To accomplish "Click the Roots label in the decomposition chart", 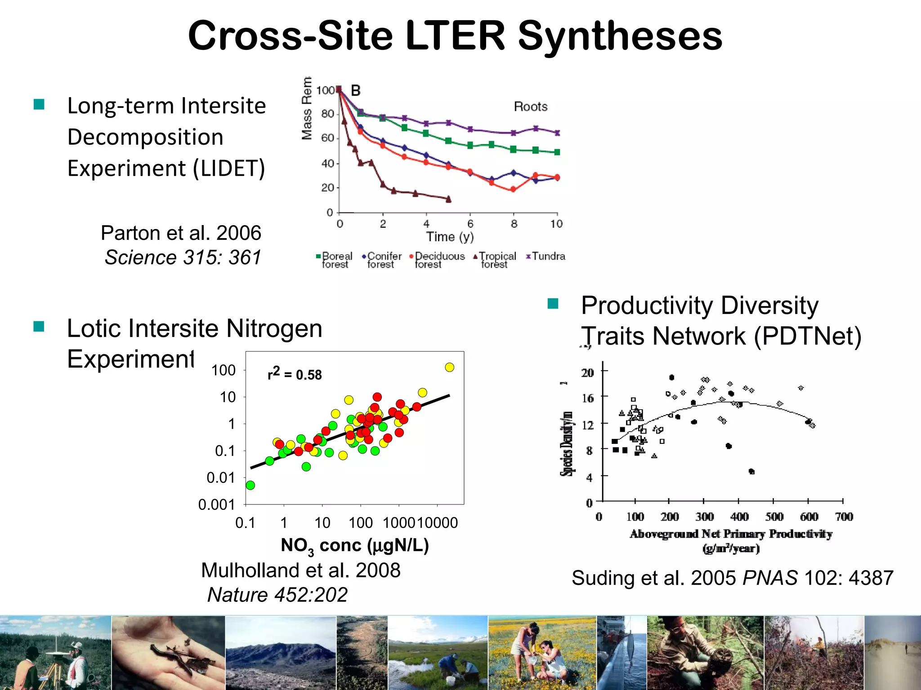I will pyautogui.click(x=531, y=107).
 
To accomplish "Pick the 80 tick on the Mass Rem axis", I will pyautogui.click(x=327, y=114).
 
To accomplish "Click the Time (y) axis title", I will pyautogui.click(x=450, y=237).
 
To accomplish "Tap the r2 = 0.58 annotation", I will pyautogui.click(x=295, y=374).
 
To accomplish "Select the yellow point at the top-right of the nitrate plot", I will pyautogui.click(x=449, y=367).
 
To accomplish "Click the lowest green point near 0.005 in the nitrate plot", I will pyautogui.click(x=250, y=485).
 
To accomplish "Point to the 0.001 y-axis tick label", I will pyautogui.click(x=217, y=505).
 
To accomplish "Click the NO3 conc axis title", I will pyautogui.click(x=355, y=546).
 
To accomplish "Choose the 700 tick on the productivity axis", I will pyautogui.click(x=844, y=517).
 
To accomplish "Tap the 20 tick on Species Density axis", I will pyautogui.click(x=587, y=373).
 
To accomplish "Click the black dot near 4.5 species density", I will pyautogui.click(x=751, y=471).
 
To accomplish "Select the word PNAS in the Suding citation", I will pyautogui.click(x=770, y=578).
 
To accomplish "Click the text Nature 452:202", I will pyautogui.click(x=277, y=595).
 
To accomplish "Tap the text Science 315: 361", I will pyautogui.click(x=183, y=258).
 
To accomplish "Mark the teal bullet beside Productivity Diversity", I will pyautogui.click(x=553, y=304).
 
